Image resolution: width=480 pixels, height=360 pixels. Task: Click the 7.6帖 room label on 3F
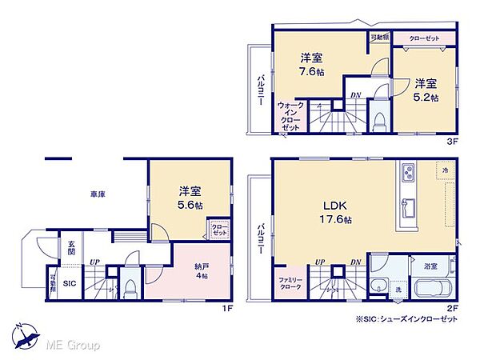coord(311,65)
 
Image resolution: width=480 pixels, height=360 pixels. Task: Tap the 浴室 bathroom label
coord(430,264)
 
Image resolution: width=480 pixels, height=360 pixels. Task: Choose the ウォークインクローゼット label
coord(289,116)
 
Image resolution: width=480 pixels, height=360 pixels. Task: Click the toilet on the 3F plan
coord(381,120)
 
